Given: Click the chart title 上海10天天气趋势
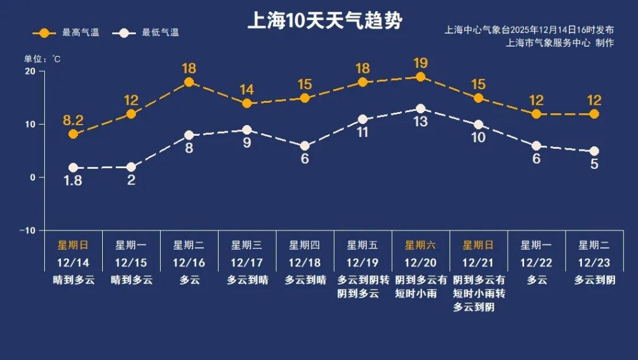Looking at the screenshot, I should coord(325,21).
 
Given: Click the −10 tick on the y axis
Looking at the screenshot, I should coord(27,230).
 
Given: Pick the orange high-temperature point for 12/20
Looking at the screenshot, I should coord(421,77).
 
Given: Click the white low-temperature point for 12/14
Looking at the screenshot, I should coord(73,168).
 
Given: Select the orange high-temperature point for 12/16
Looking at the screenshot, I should coord(189,82).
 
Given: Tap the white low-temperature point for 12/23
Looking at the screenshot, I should coord(594,151).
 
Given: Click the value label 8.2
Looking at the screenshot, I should coord(73,120).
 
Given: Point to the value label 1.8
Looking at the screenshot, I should coord(73,181).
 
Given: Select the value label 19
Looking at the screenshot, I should coord(421,63).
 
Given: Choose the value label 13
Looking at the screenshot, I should coord(421,122).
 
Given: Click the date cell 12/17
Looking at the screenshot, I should coord(247,263).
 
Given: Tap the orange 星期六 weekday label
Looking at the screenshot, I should coord(421,245).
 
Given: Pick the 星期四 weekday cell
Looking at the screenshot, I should coord(305,245).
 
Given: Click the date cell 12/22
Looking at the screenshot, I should coord(536,263).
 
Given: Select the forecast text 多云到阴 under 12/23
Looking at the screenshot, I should coord(594,280).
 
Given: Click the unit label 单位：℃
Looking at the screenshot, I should coord(42,59).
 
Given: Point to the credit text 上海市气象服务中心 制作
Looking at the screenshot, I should coord(560,43).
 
